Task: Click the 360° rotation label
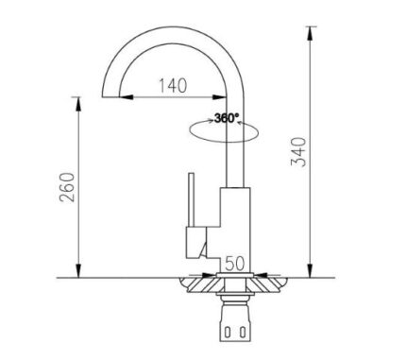coord(227,119)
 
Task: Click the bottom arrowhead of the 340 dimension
coord(311,271)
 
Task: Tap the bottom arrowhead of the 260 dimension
coord(77,271)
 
